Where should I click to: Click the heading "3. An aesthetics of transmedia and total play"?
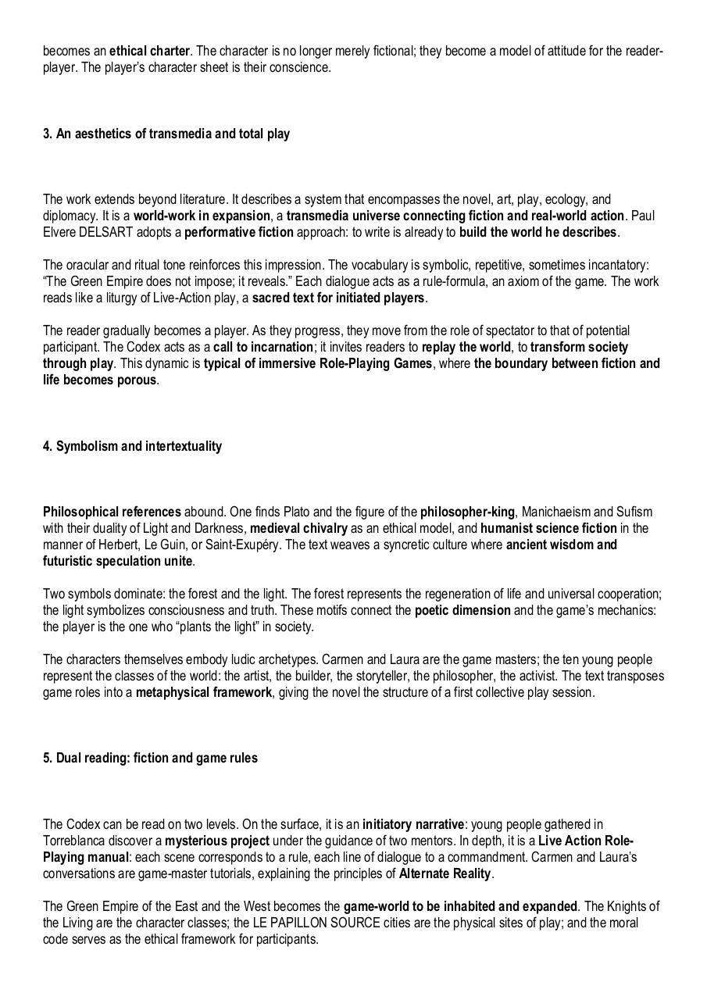tap(166, 134)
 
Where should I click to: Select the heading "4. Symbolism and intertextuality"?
tap(132, 446)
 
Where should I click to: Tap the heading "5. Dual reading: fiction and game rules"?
tap(150, 758)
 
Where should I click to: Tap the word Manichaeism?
tap(555, 512)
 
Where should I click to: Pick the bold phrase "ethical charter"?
tap(149, 51)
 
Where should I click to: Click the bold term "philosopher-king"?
tap(467, 512)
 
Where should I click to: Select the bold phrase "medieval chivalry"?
tap(298, 528)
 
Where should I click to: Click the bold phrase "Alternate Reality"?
tap(445, 873)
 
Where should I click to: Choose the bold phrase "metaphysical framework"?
tap(204, 692)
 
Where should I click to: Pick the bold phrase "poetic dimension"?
tap(462, 610)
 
